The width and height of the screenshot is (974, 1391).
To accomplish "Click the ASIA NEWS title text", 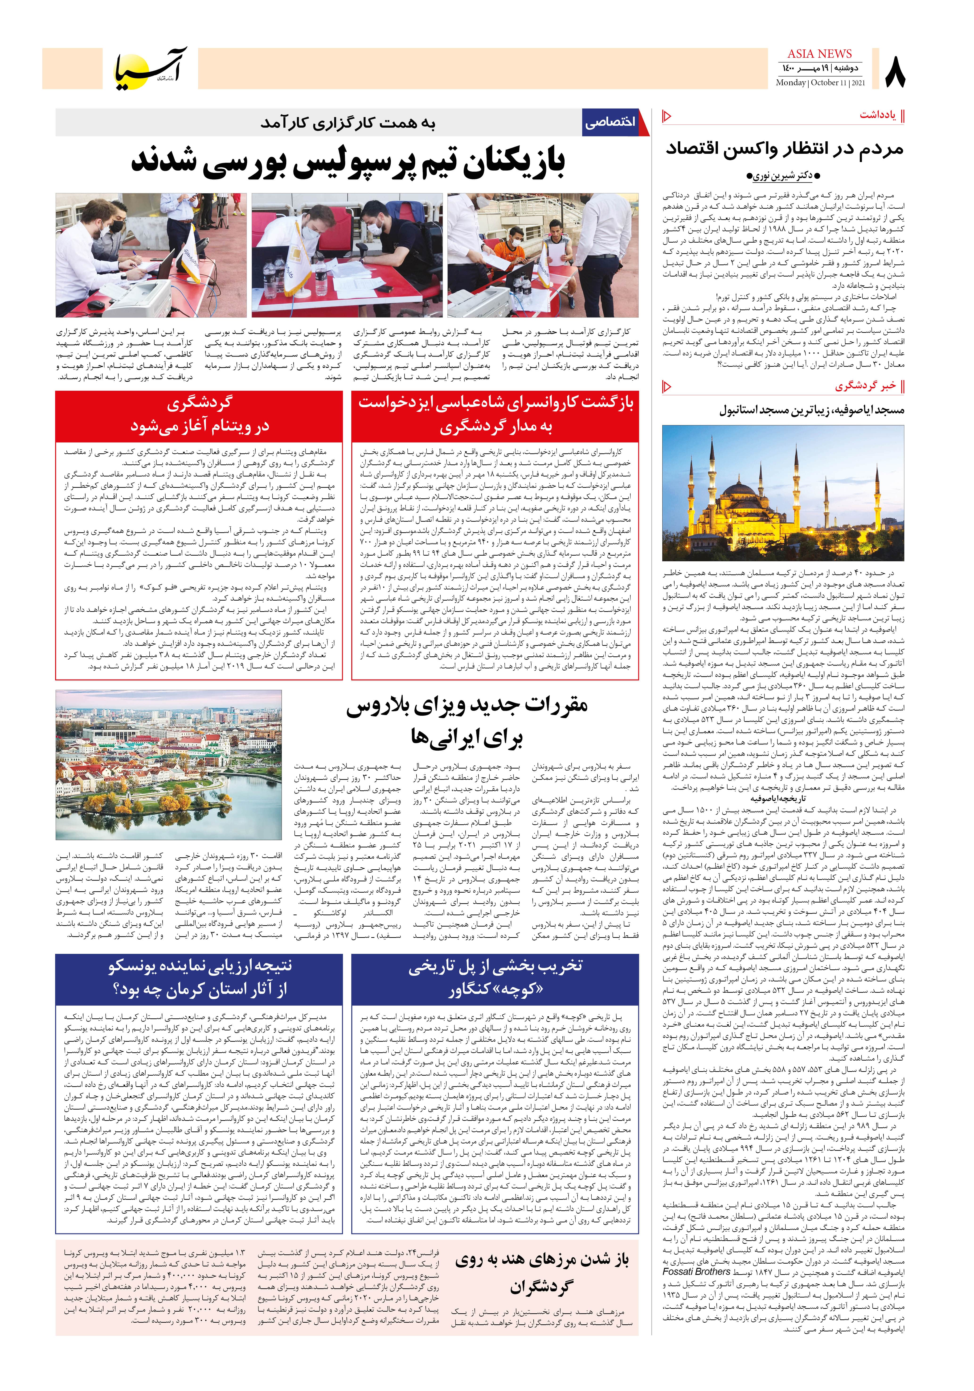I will click(x=819, y=54).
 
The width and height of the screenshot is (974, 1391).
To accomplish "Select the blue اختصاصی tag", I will click(x=610, y=122).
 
